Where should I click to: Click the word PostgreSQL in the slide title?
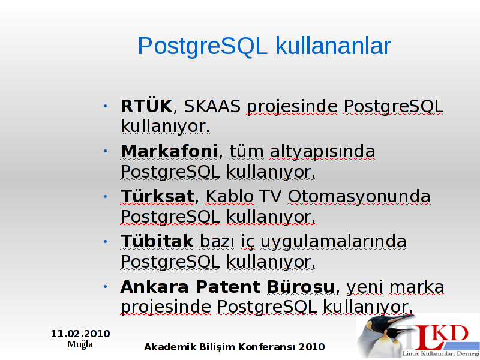203,47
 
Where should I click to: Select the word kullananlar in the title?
333,46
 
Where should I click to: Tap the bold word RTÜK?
146,106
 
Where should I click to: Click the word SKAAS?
212,106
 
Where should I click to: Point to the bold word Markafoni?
169,151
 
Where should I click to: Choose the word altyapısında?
322,152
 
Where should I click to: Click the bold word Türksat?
158,196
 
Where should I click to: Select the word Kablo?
229,196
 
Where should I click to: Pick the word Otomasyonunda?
359,196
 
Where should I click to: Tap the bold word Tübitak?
157,241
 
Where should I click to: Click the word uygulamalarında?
334,242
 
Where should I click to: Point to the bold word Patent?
228,287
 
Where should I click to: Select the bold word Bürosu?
301,286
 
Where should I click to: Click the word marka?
416,287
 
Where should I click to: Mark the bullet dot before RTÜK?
106,106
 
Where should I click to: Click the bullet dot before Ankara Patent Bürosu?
106,287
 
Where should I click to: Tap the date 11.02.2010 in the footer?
80,334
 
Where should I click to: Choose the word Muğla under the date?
80,344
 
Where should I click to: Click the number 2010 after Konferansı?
312,347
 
